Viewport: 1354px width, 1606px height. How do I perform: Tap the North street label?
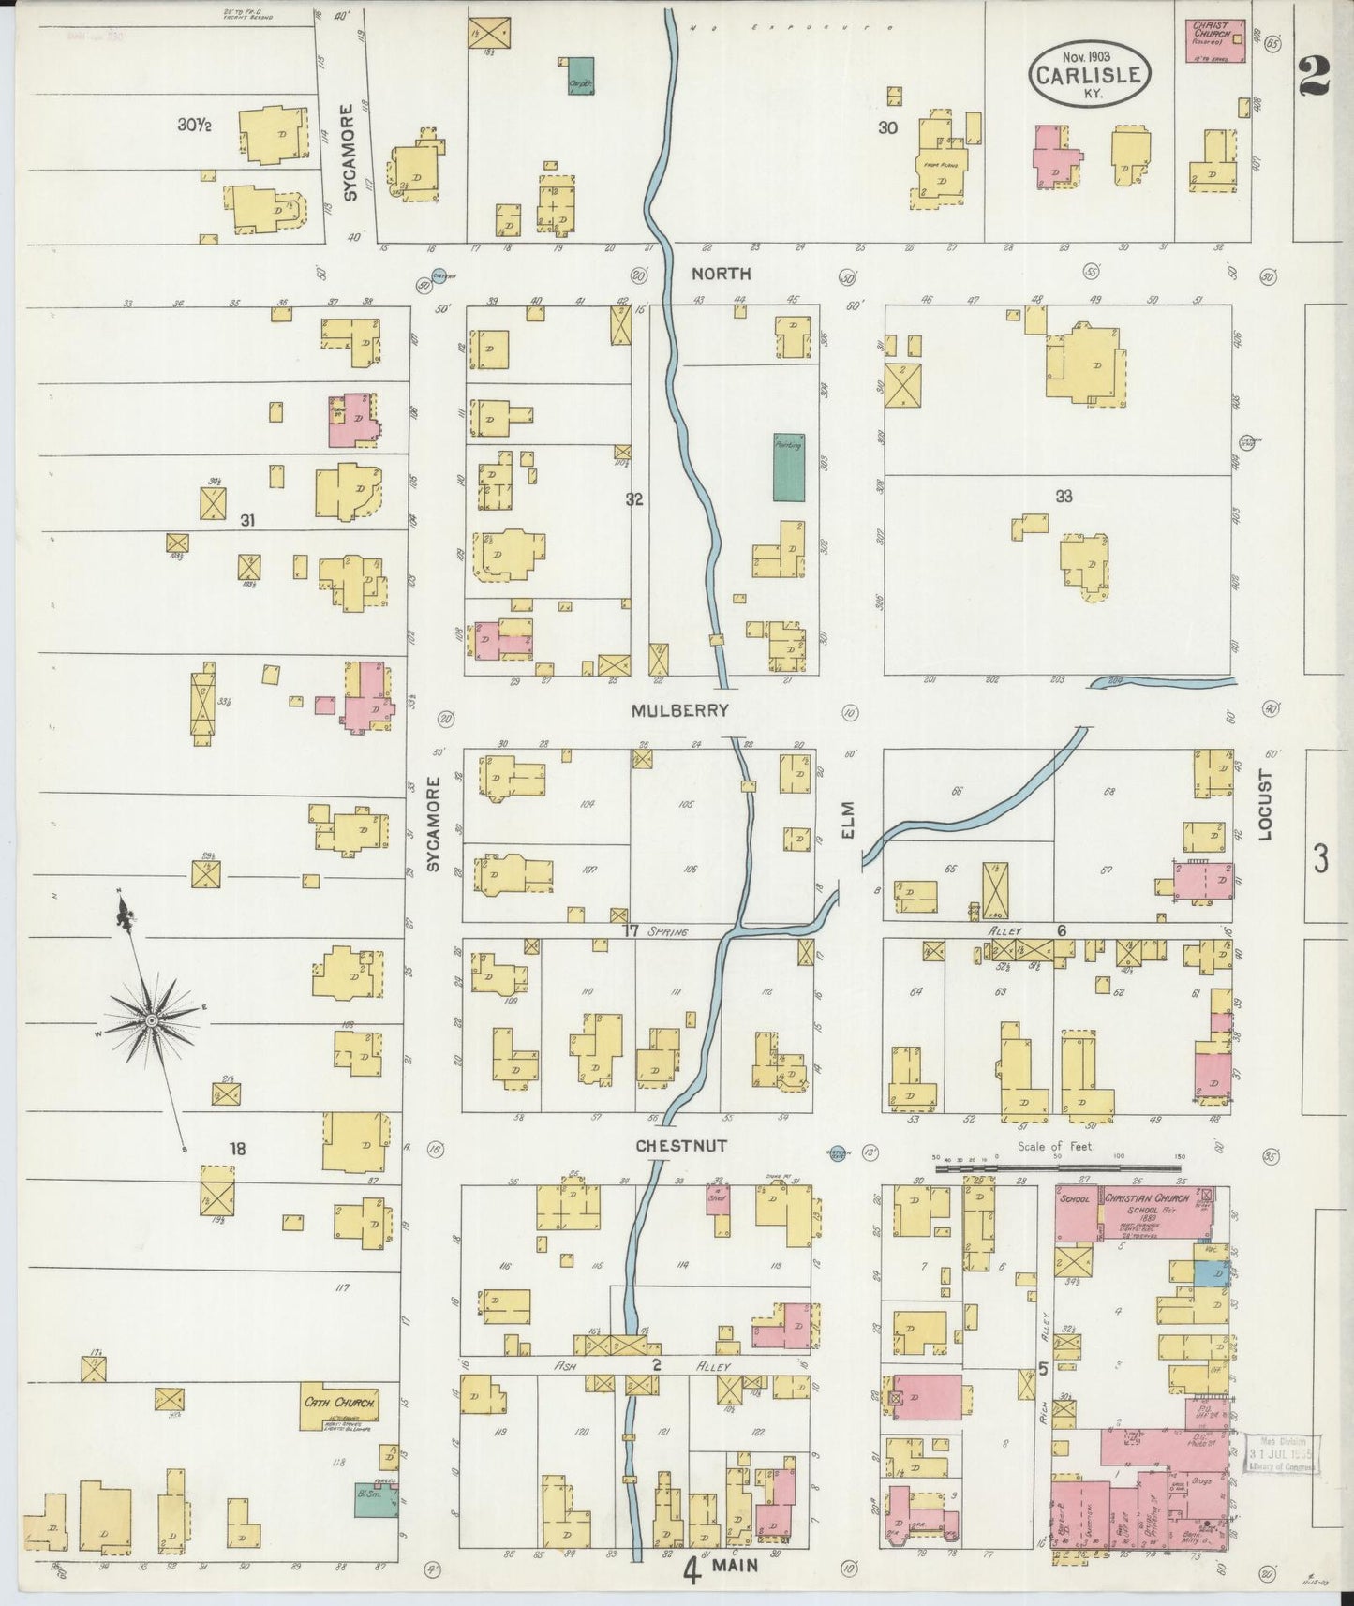point(721,274)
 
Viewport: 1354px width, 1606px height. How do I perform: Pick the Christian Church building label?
point(1146,1198)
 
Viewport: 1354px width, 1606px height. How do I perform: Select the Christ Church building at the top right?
point(1214,41)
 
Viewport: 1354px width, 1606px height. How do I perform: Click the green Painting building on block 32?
point(788,466)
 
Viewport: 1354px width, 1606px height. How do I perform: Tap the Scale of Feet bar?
point(1059,1167)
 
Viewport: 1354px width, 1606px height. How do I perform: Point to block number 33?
point(1063,497)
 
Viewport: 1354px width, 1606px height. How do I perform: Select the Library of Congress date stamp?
point(1281,1452)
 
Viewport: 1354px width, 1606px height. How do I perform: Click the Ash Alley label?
point(656,1366)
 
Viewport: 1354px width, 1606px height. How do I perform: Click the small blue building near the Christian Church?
point(1214,1273)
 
